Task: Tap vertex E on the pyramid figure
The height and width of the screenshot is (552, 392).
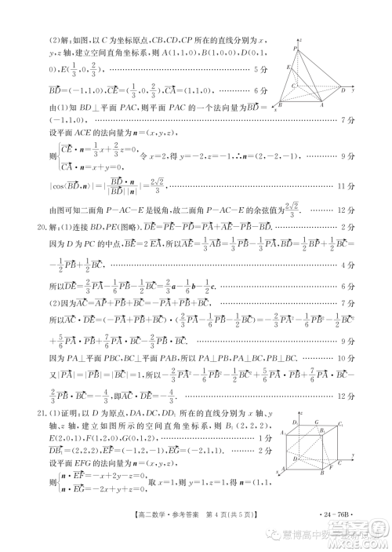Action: (x=290, y=68)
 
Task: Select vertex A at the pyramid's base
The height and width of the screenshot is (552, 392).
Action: (x=321, y=103)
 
